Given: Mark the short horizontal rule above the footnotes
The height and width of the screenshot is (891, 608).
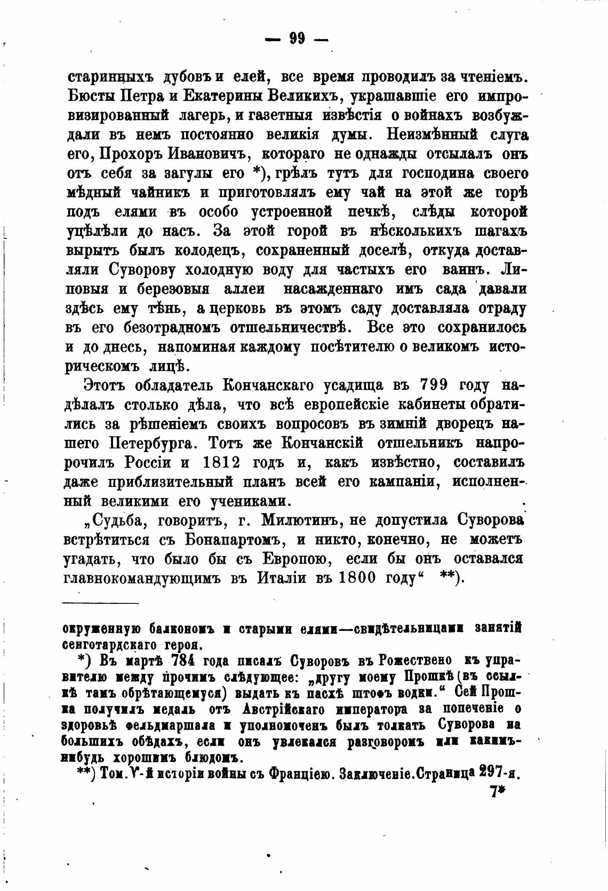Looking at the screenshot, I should [100, 603].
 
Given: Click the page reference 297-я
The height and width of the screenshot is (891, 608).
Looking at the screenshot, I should [499, 772].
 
